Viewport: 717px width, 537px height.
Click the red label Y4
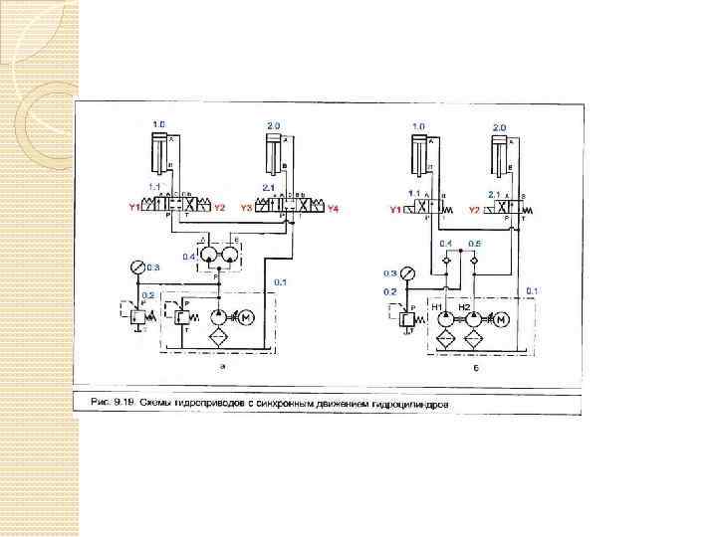pos(334,209)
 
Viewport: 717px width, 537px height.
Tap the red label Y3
pos(245,209)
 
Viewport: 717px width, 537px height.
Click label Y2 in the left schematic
pos(220,209)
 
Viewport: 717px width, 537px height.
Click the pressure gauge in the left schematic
pos(136,266)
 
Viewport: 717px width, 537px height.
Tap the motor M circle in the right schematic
pos(503,318)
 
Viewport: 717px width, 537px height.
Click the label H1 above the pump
pos(436,306)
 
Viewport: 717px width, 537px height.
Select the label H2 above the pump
pos(464,306)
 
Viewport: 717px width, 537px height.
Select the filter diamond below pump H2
pos(473,340)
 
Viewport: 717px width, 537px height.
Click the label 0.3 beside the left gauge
pos(153,267)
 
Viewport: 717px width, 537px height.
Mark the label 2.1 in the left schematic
pos(267,187)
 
